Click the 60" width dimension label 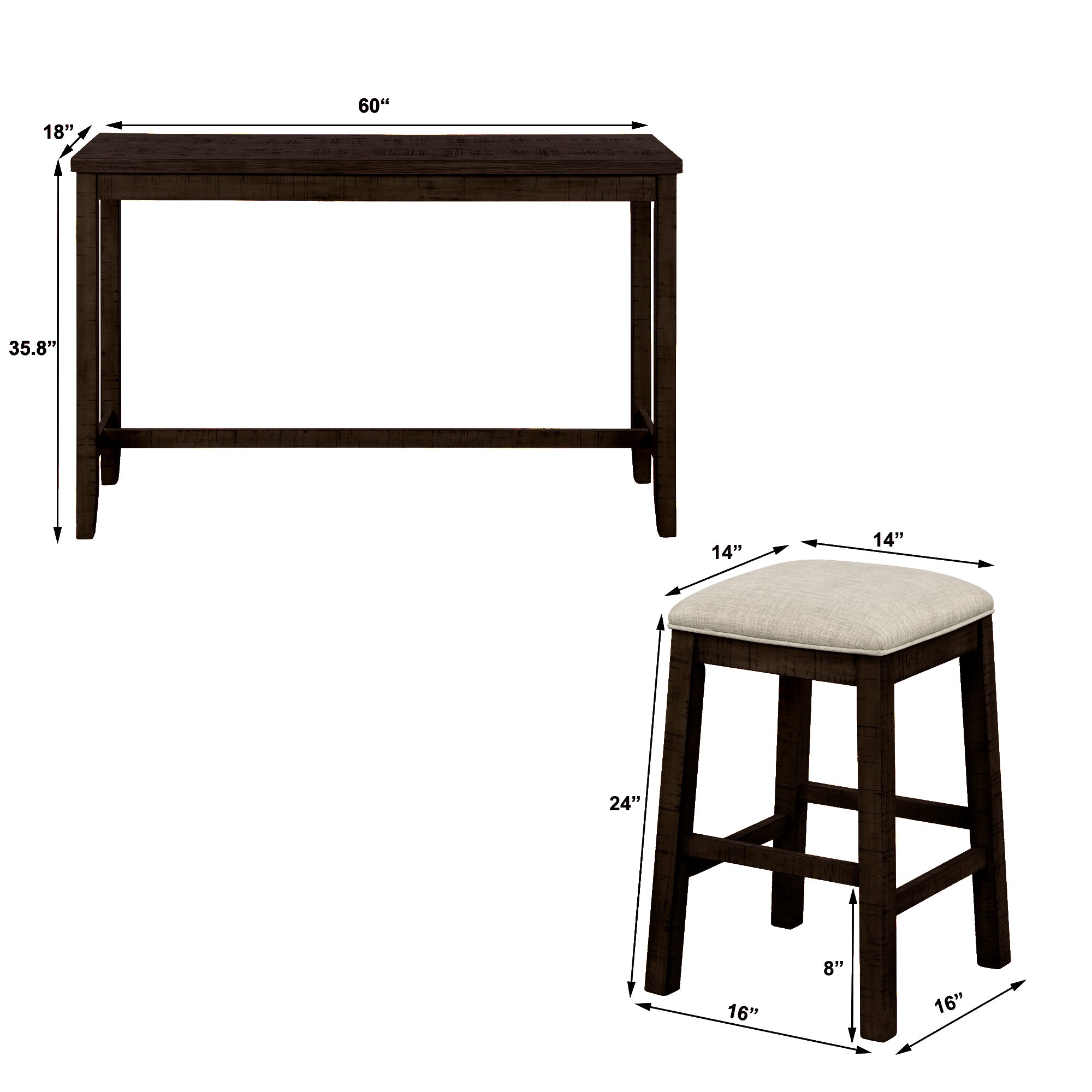pyautogui.click(x=373, y=106)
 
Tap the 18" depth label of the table pyautogui.click(x=59, y=132)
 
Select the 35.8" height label pyautogui.click(x=32, y=349)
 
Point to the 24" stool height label pyautogui.click(x=625, y=803)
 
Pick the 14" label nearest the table pyautogui.click(x=726, y=552)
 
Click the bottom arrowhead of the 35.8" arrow pyautogui.click(x=57, y=537)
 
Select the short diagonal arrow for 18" pyautogui.click(x=74, y=142)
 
